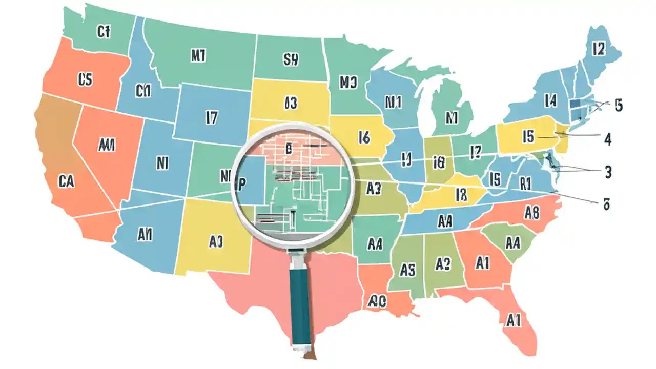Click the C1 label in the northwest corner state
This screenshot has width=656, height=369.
103,32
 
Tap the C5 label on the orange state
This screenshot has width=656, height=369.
85,78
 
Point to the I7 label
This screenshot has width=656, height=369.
212,118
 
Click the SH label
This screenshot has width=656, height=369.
290,60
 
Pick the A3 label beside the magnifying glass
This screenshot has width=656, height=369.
374,188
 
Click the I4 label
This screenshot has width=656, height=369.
550,101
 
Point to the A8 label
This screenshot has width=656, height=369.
533,211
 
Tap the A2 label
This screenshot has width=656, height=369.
442,263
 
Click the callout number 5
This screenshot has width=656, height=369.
619,106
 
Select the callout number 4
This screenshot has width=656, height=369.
608,139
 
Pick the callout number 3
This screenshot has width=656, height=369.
608,172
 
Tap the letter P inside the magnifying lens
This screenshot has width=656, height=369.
242,183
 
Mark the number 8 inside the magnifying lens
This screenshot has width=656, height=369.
289,150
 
